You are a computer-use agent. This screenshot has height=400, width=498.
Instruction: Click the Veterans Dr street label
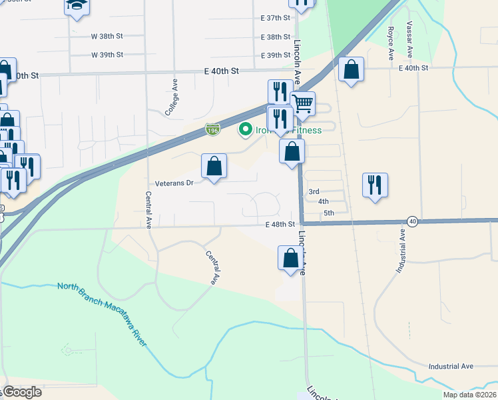pyautogui.click(x=174, y=182)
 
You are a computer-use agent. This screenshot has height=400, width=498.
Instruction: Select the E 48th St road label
pyautogui.click(x=280, y=225)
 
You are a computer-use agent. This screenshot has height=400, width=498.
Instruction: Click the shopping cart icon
pyautogui.click(x=302, y=104)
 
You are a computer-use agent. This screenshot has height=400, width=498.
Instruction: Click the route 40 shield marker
pyautogui.click(x=413, y=221)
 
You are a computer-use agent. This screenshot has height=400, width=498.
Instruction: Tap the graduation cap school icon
pyautogui.click(x=77, y=5)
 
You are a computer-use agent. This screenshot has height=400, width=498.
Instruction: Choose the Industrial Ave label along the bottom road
pyautogui.click(x=451, y=366)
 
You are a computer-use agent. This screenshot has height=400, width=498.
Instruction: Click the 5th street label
pyautogui.click(x=328, y=213)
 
